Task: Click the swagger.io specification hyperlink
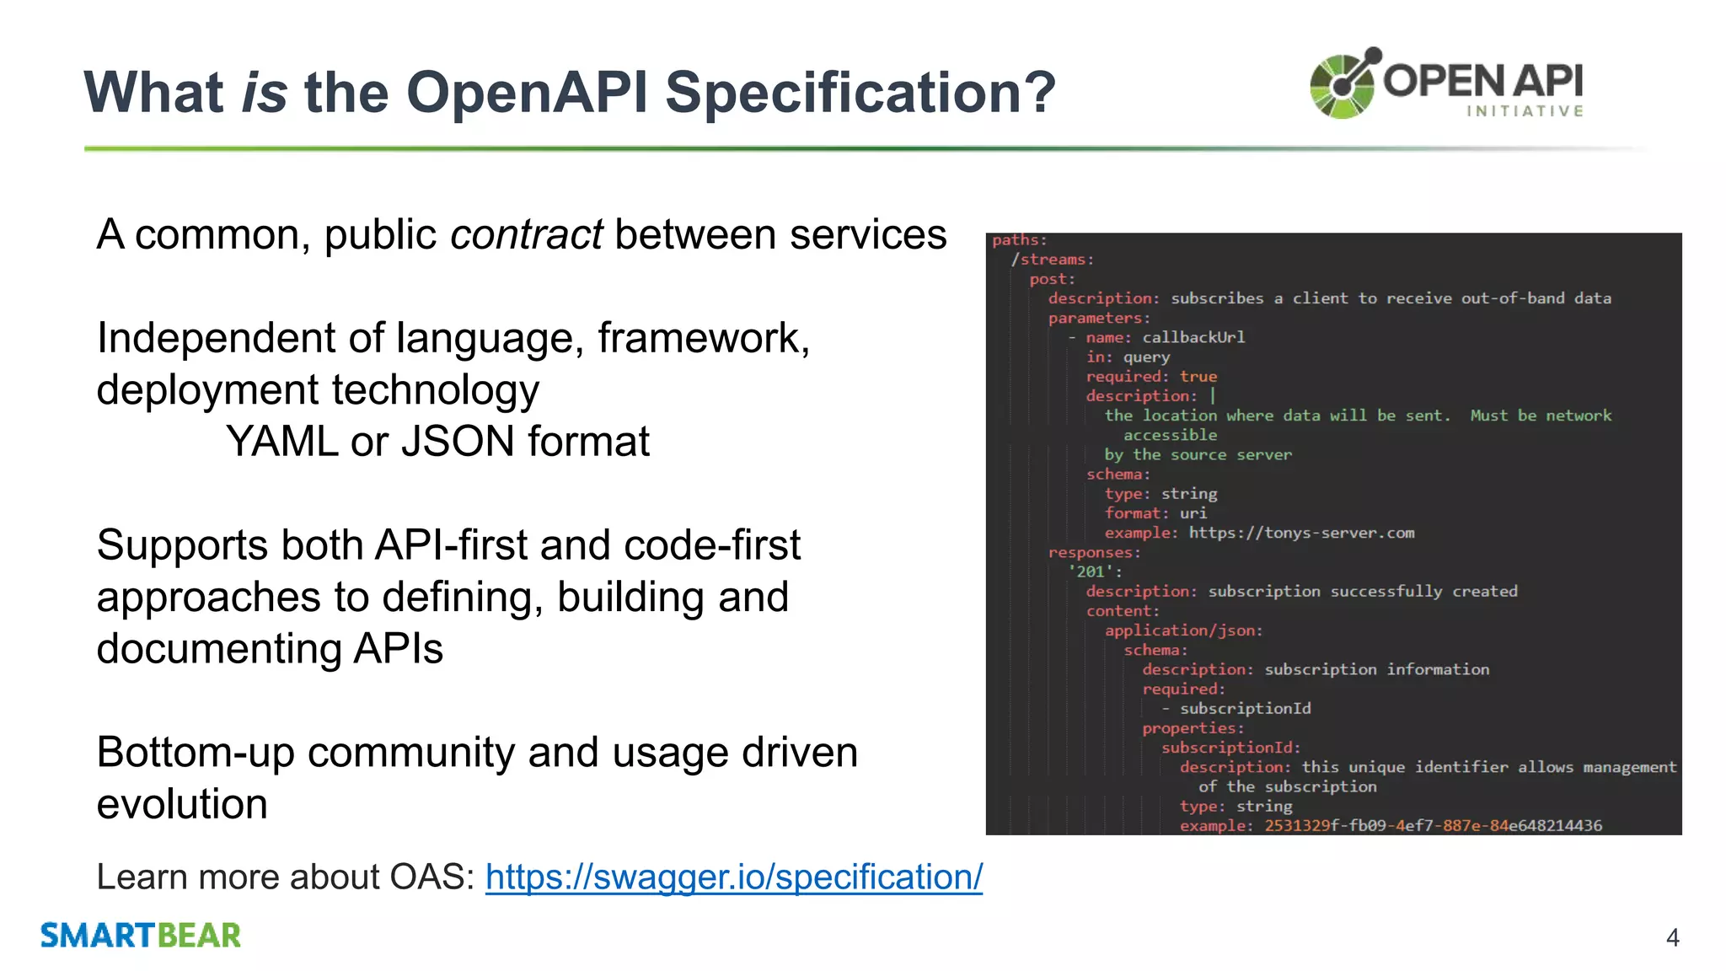(x=733, y=877)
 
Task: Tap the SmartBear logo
(x=141, y=936)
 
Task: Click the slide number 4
(x=1672, y=937)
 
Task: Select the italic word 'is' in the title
(x=264, y=92)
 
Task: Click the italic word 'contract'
(x=526, y=234)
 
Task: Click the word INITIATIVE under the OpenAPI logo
(x=1525, y=111)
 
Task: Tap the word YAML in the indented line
(x=281, y=442)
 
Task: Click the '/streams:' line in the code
(x=1052, y=260)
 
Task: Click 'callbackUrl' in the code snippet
(x=1193, y=337)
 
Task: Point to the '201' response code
(x=1092, y=571)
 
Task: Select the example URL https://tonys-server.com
(x=1301, y=533)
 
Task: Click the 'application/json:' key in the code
(x=1183, y=630)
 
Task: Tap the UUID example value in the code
(x=1433, y=825)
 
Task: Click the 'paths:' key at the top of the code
(x=1019, y=240)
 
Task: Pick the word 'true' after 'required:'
(x=1198, y=377)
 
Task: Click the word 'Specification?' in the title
(x=860, y=92)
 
